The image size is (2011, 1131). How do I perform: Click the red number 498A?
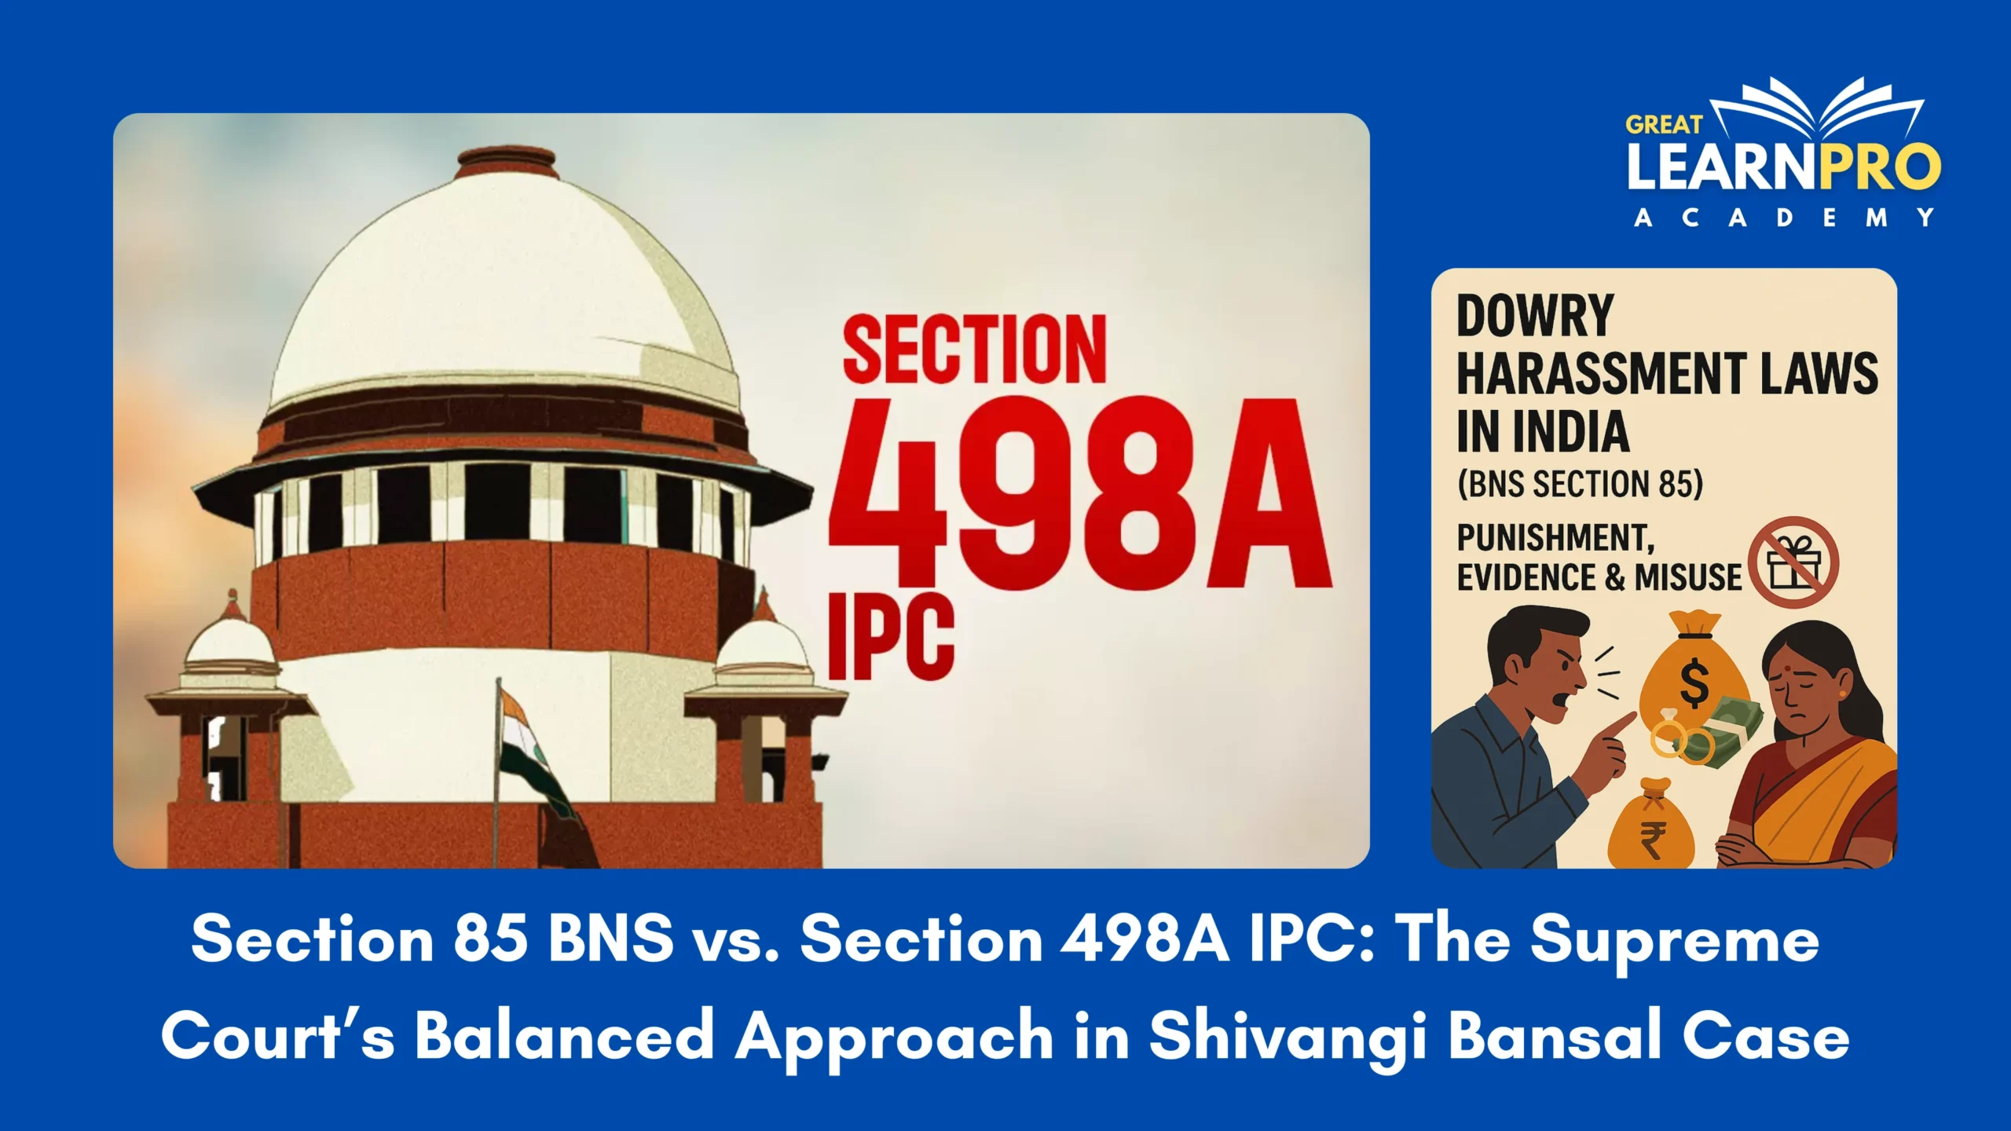click(x=1079, y=492)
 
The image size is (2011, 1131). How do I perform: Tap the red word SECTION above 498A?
click(x=975, y=350)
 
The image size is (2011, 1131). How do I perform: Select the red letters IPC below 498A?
click(x=892, y=635)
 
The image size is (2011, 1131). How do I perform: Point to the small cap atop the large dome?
click(x=506, y=161)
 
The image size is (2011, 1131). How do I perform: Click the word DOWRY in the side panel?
click(x=1535, y=315)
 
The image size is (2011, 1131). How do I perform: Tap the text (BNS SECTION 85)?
click(x=1580, y=484)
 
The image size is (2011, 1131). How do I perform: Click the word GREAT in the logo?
click(x=1664, y=124)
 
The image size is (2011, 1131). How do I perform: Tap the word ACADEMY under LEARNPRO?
click(x=1784, y=218)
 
